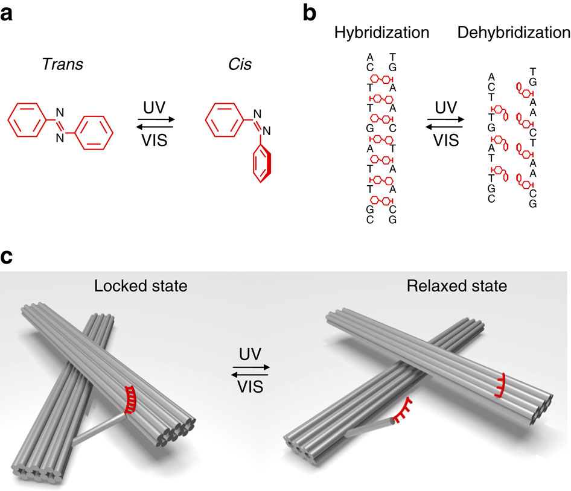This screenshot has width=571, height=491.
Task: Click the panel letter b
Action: point(310,13)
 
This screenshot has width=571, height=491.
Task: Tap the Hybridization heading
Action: point(381,33)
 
